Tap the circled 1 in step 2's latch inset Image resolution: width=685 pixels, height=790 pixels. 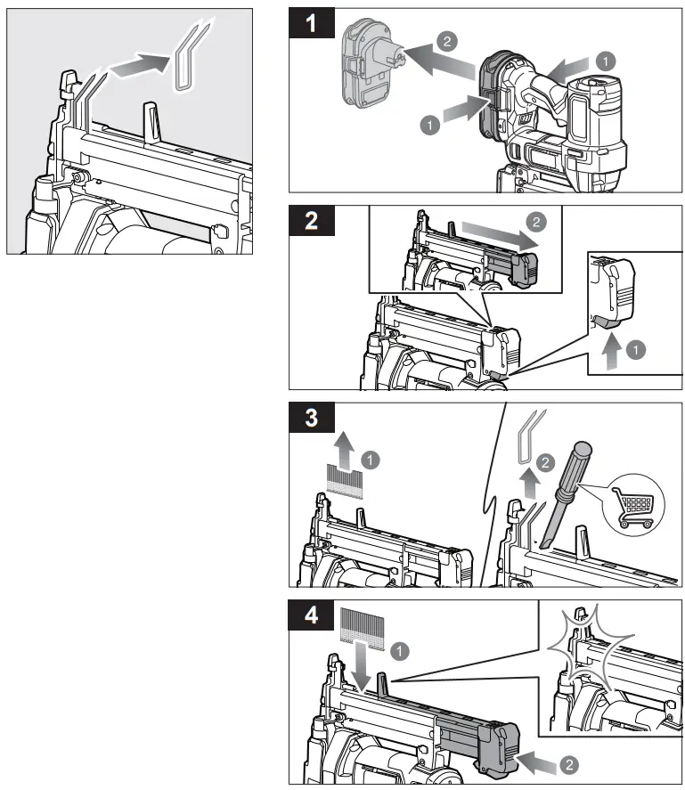click(634, 350)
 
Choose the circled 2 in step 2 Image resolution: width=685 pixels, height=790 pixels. click(534, 219)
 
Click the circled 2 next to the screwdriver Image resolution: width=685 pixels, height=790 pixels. click(547, 461)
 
